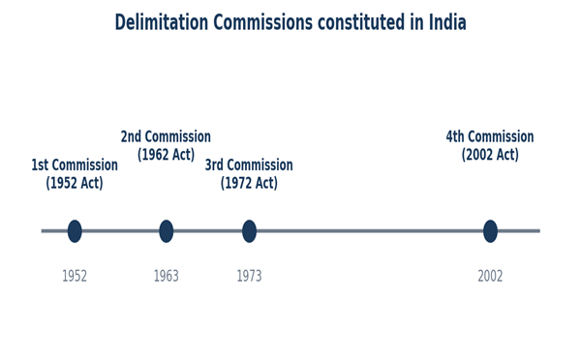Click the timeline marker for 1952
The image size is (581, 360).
[x=75, y=231]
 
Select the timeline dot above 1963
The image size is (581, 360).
[x=166, y=231]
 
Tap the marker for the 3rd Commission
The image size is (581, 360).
[x=249, y=231]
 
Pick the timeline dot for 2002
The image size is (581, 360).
[x=490, y=231]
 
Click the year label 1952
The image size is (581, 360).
[x=75, y=277]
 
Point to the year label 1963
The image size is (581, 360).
[x=166, y=277]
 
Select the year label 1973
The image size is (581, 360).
[x=249, y=277]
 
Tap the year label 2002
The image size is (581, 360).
[x=490, y=277]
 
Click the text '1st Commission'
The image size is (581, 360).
[x=75, y=165]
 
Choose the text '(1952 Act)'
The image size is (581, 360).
[x=75, y=183]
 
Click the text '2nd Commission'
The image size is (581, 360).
[x=166, y=136]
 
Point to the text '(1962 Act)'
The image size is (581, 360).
[x=166, y=155]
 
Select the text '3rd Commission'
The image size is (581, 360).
[x=249, y=165]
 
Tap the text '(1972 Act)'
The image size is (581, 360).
[x=249, y=183]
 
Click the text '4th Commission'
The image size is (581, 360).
[x=490, y=136]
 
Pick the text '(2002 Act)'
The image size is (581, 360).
[x=490, y=155]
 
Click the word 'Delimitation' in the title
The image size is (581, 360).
[x=162, y=22]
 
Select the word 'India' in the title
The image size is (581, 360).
[x=447, y=22]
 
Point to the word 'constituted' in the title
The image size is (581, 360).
[x=361, y=22]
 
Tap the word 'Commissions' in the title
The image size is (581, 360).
[x=263, y=22]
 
